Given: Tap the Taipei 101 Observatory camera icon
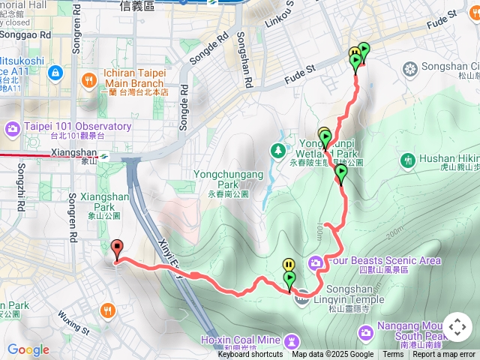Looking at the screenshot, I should coord(13,128).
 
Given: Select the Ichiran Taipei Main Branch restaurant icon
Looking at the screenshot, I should coord(88,79).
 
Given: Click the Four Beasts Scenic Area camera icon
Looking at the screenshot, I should coord(315,262).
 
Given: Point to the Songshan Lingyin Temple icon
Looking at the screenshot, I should coord(301,299).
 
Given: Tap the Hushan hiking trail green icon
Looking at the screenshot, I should coord(408,159).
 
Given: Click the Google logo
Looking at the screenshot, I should coord(28,349).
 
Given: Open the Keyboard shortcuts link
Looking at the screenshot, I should coord(250,355).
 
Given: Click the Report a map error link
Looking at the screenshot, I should coord(444,355).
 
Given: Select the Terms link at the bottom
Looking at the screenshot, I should coord(393,355).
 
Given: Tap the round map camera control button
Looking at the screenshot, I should coord(457,327).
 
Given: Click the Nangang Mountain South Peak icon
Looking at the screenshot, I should coord(366,331).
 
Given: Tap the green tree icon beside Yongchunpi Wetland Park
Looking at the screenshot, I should coord(279,150).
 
